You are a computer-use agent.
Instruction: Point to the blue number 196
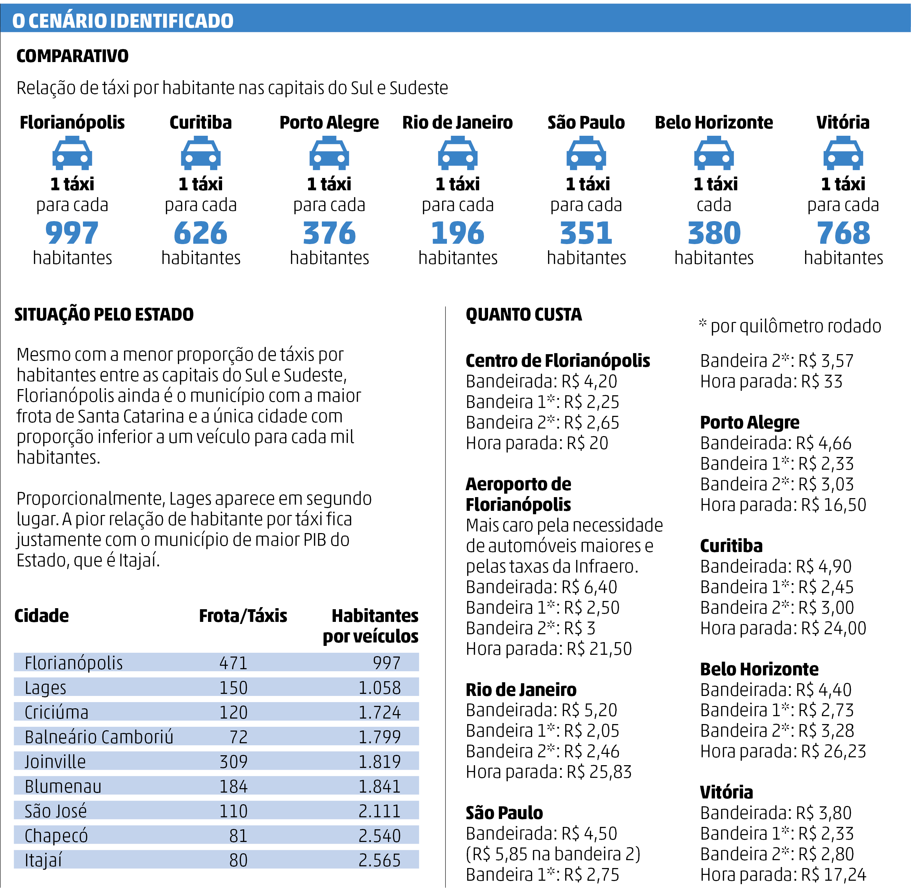coord(458,233)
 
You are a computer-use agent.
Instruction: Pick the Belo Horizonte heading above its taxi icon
coord(714,123)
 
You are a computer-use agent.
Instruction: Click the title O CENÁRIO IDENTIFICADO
coord(123,21)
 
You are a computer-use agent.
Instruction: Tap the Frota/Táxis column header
coord(243,616)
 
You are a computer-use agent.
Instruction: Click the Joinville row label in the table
coord(55,762)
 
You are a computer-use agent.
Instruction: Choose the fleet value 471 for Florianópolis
coord(233,663)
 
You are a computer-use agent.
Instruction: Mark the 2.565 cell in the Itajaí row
coord(379,860)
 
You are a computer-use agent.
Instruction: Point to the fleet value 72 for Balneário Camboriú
coord(238,737)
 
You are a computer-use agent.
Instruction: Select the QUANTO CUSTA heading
coord(524,314)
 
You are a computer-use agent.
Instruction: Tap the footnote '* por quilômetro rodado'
coord(790,326)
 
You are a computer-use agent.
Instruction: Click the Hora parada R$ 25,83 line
coord(548,772)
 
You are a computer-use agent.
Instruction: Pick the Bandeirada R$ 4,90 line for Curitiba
coord(775,567)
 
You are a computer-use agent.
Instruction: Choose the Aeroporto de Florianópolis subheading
coord(519,494)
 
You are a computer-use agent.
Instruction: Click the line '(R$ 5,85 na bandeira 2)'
coord(552,854)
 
